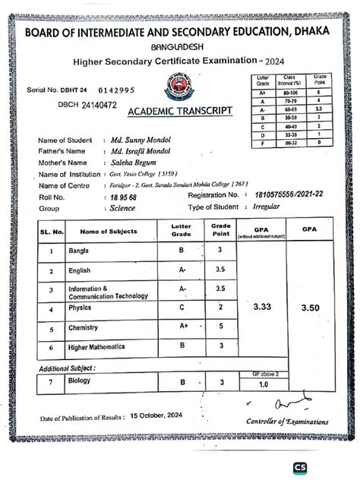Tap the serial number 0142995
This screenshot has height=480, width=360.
click(x=116, y=90)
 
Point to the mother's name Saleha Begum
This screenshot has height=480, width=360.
click(x=134, y=163)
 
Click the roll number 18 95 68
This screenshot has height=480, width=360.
click(x=123, y=197)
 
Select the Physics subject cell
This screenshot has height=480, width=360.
click(x=81, y=309)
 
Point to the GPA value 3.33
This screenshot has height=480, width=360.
click(x=261, y=307)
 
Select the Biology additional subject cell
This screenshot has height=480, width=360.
click(x=80, y=381)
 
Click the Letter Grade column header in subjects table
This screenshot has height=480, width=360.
click(x=182, y=230)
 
